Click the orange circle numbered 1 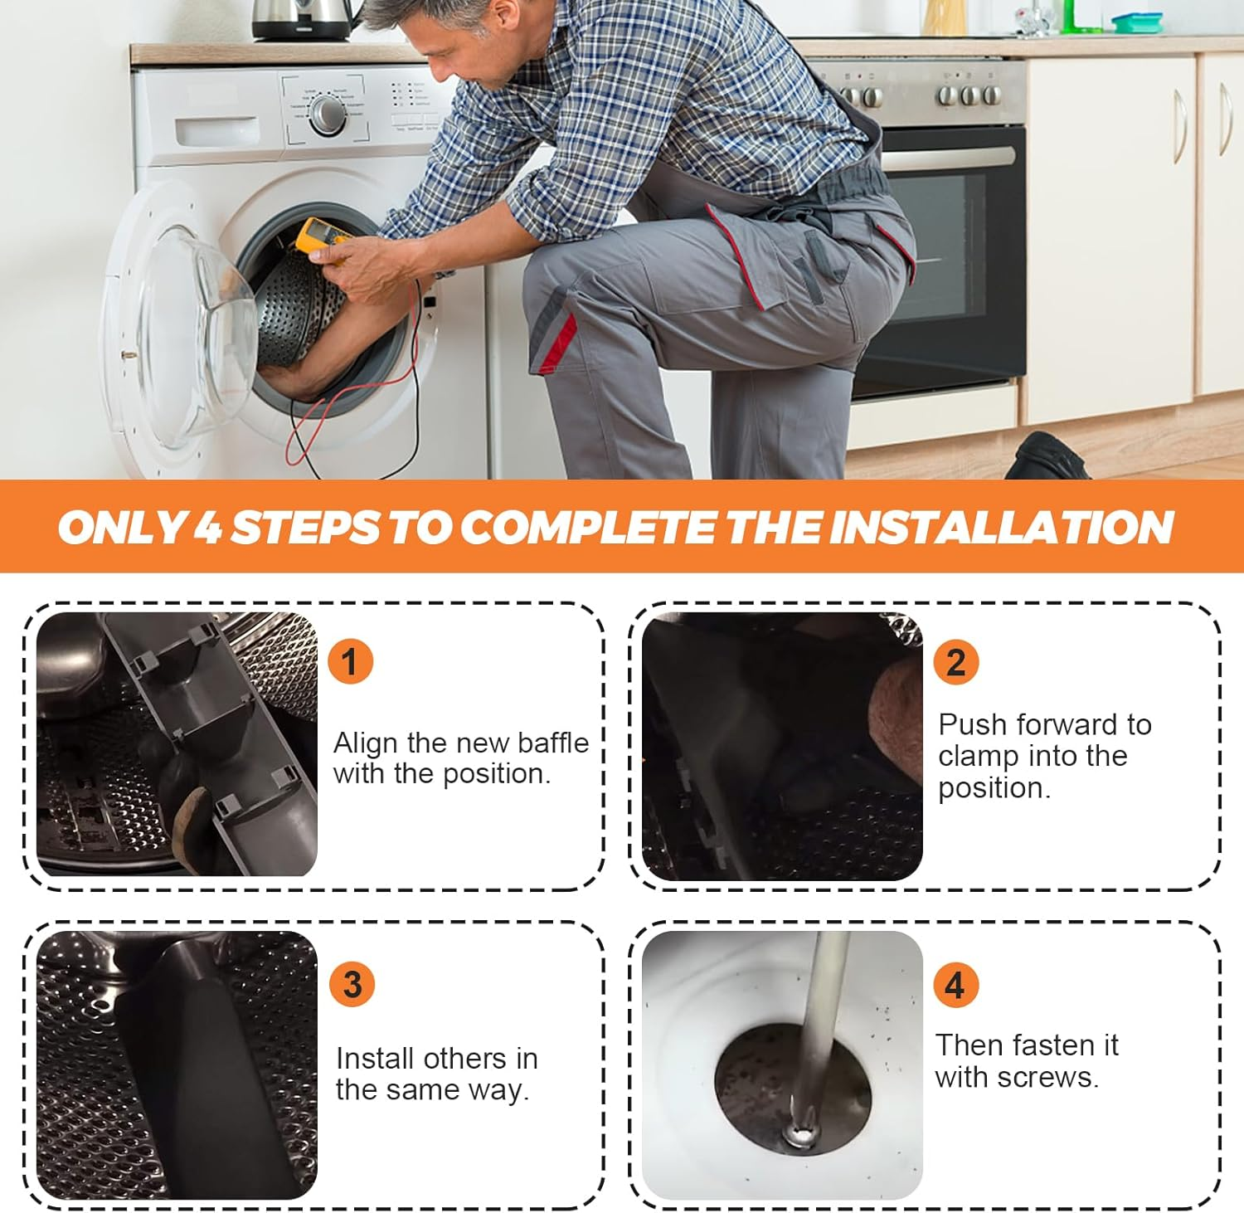(350, 661)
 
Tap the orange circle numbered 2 (956, 662)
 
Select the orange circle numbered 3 (352, 984)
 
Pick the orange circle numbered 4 (956, 985)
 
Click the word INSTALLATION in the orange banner (1001, 527)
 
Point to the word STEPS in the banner (305, 527)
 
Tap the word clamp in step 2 (978, 757)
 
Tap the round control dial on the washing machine (328, 115)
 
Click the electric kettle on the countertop (304, 20)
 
